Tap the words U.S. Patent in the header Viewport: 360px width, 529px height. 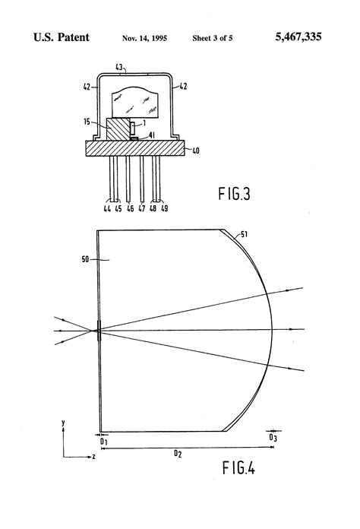(x=62, y=36)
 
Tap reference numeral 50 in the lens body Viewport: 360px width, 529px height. (x=85, y=261)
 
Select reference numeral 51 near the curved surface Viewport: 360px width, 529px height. (x=243, y=234)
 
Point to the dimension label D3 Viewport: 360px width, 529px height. (x=273, y=438)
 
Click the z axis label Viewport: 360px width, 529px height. (x=93, y=458)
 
